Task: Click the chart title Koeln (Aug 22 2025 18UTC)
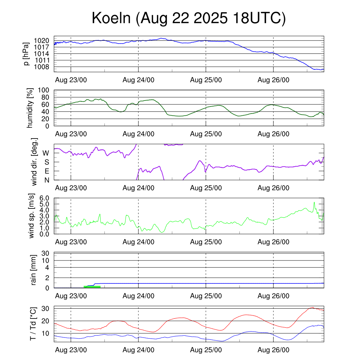[x=188, y=18]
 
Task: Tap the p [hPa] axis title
[x=26, y=54]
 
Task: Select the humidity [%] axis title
[x=30, y=108]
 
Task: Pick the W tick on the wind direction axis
[x=46, y=153]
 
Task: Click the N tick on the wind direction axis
[x=46, y=180]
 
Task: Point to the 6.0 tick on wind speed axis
[x=45, y=198]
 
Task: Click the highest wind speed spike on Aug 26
[x=314, y=202]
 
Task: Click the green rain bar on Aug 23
[x=92, y=287]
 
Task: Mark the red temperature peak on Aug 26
[x=313, y=308]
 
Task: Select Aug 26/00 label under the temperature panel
[x=274, y=350]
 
